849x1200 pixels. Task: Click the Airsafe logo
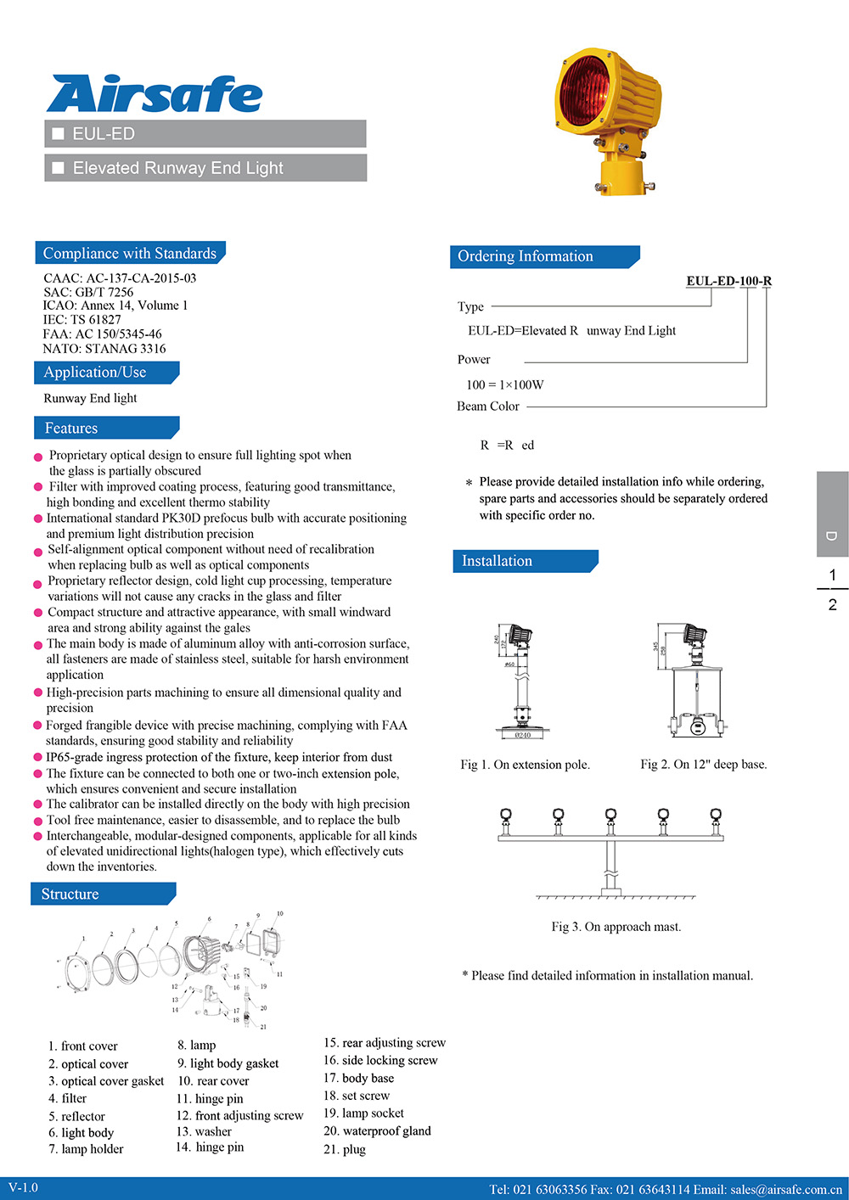point(155,94)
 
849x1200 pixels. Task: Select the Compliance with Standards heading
point(130,253)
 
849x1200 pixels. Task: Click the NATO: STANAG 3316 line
point(104,349)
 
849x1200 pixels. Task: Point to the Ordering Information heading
point(526,256)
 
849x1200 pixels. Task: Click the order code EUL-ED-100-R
point(728,281)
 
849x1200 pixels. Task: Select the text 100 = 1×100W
point(505,384)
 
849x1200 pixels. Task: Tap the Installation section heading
point(497,561)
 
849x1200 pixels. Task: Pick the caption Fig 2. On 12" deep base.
point(703,765)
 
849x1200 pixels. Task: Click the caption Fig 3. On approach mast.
point(616,927)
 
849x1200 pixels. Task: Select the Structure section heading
point(70,894)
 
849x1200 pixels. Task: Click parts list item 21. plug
point(345,1149)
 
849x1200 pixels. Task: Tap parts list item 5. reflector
point(77,1116)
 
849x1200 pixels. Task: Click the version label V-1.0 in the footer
point(24,1187)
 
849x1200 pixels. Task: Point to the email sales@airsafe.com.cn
point(785,1189)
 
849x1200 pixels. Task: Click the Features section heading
point(71,429)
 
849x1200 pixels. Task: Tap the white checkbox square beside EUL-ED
point(59,134)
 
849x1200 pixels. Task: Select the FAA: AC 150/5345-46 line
point(102,334)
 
